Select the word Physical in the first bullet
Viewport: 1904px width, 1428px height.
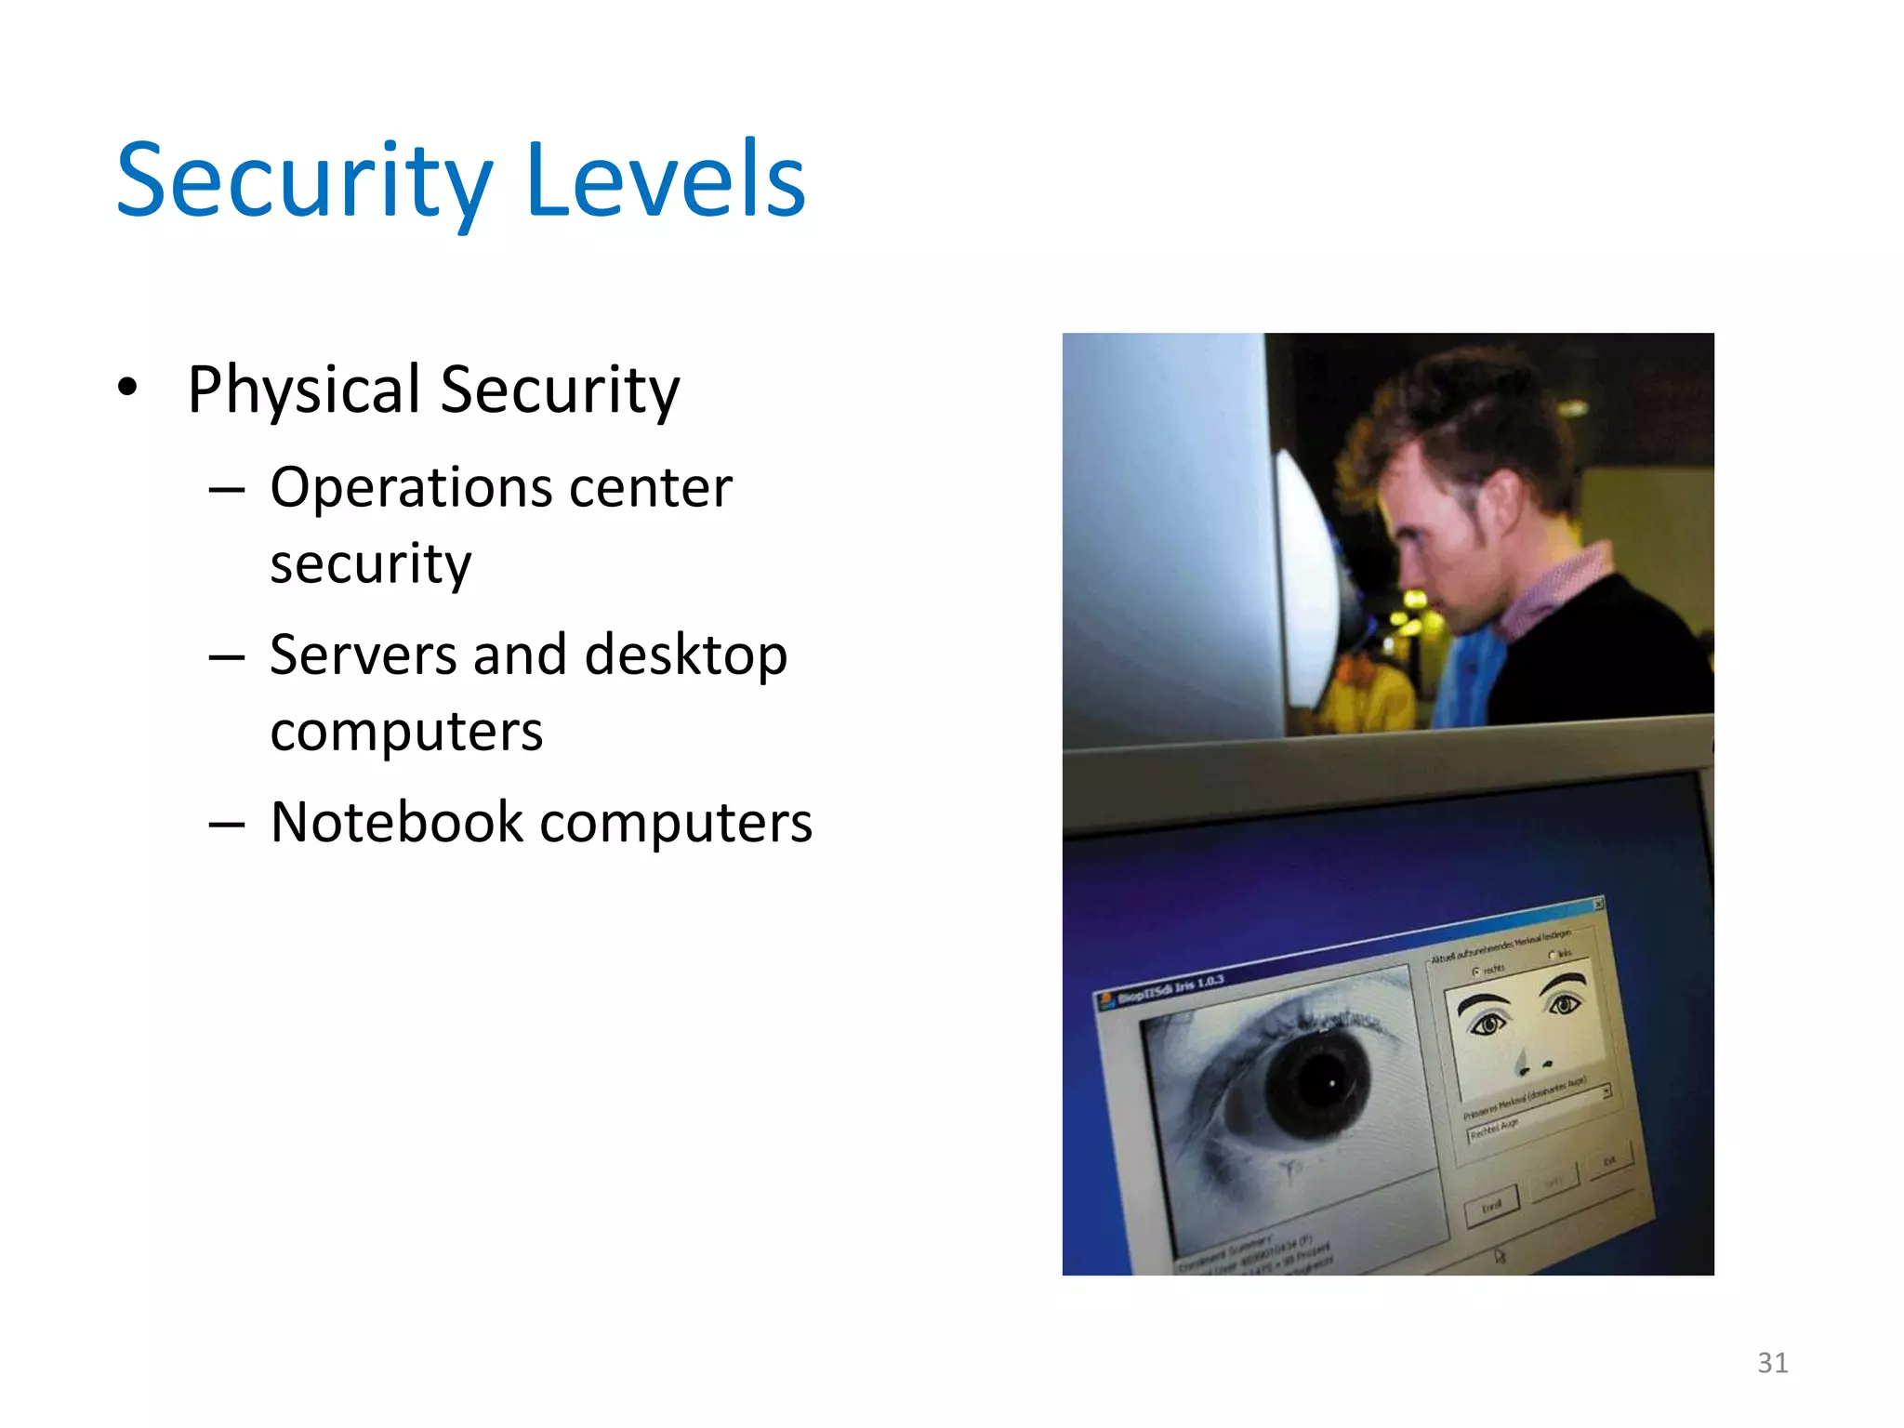pos(304,390)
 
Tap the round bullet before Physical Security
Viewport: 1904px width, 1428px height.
pos(128,386)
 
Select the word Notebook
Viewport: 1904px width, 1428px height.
pos(397,823)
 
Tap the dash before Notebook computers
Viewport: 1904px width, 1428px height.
pos(227,824)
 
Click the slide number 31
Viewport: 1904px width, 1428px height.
pos(1772,1363)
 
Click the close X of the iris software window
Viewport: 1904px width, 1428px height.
pos(1599,904)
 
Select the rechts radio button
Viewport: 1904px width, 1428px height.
pos(1477,972)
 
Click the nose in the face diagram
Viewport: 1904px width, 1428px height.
pos(1522,1062)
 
